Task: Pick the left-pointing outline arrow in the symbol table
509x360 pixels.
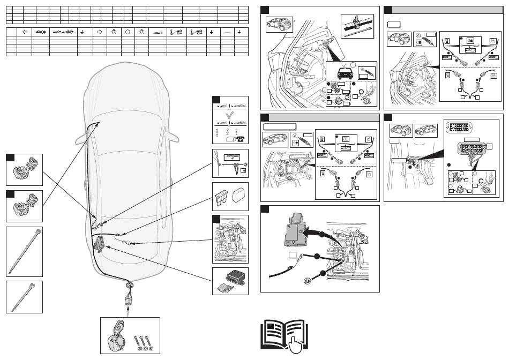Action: point(25,32)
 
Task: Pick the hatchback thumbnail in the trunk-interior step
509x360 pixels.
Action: point(279,25)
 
